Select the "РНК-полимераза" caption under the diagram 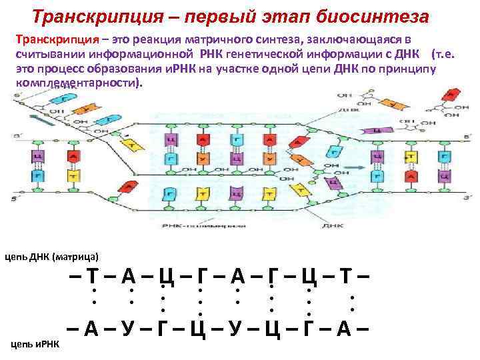[194, 227]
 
